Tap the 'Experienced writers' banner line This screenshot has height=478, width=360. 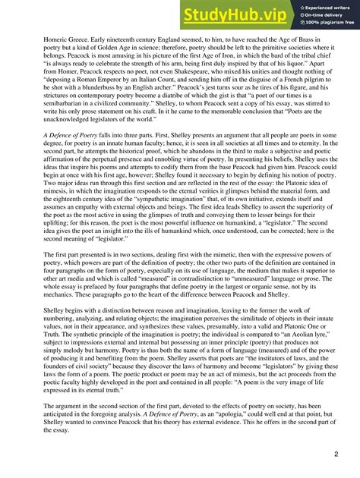pos(318,6)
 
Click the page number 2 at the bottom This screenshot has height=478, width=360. pos(335,454)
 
